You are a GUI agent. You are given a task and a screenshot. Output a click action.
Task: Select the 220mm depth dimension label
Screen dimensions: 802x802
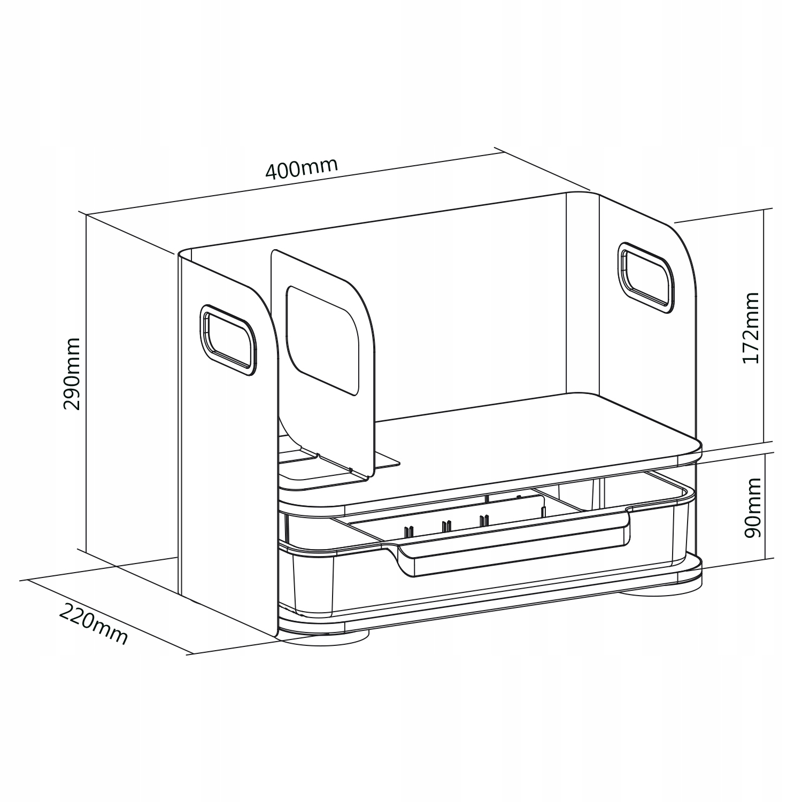(94, 623)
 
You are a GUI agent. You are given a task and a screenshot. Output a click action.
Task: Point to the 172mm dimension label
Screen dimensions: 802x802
(751, 327)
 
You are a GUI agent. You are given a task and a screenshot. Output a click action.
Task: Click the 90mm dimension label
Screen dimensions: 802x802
(751, 508)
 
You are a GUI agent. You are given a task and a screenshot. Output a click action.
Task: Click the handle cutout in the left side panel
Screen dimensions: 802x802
(227, 340)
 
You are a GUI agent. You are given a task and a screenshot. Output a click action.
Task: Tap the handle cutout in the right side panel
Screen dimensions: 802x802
(646, 277)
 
